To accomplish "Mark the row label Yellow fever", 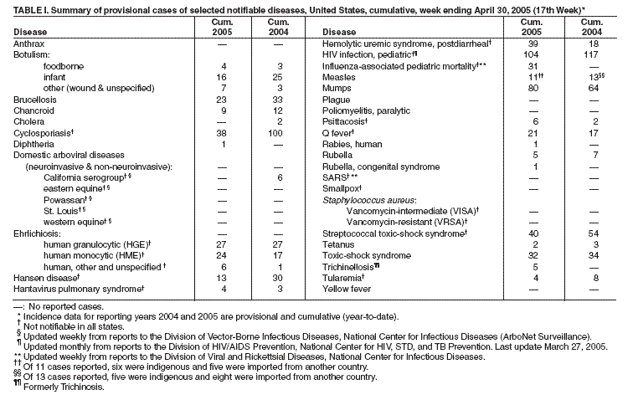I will tap(347, 289).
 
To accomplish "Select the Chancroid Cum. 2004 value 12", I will tap(280, 110).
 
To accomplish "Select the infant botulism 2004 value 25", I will tap(280, 76).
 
